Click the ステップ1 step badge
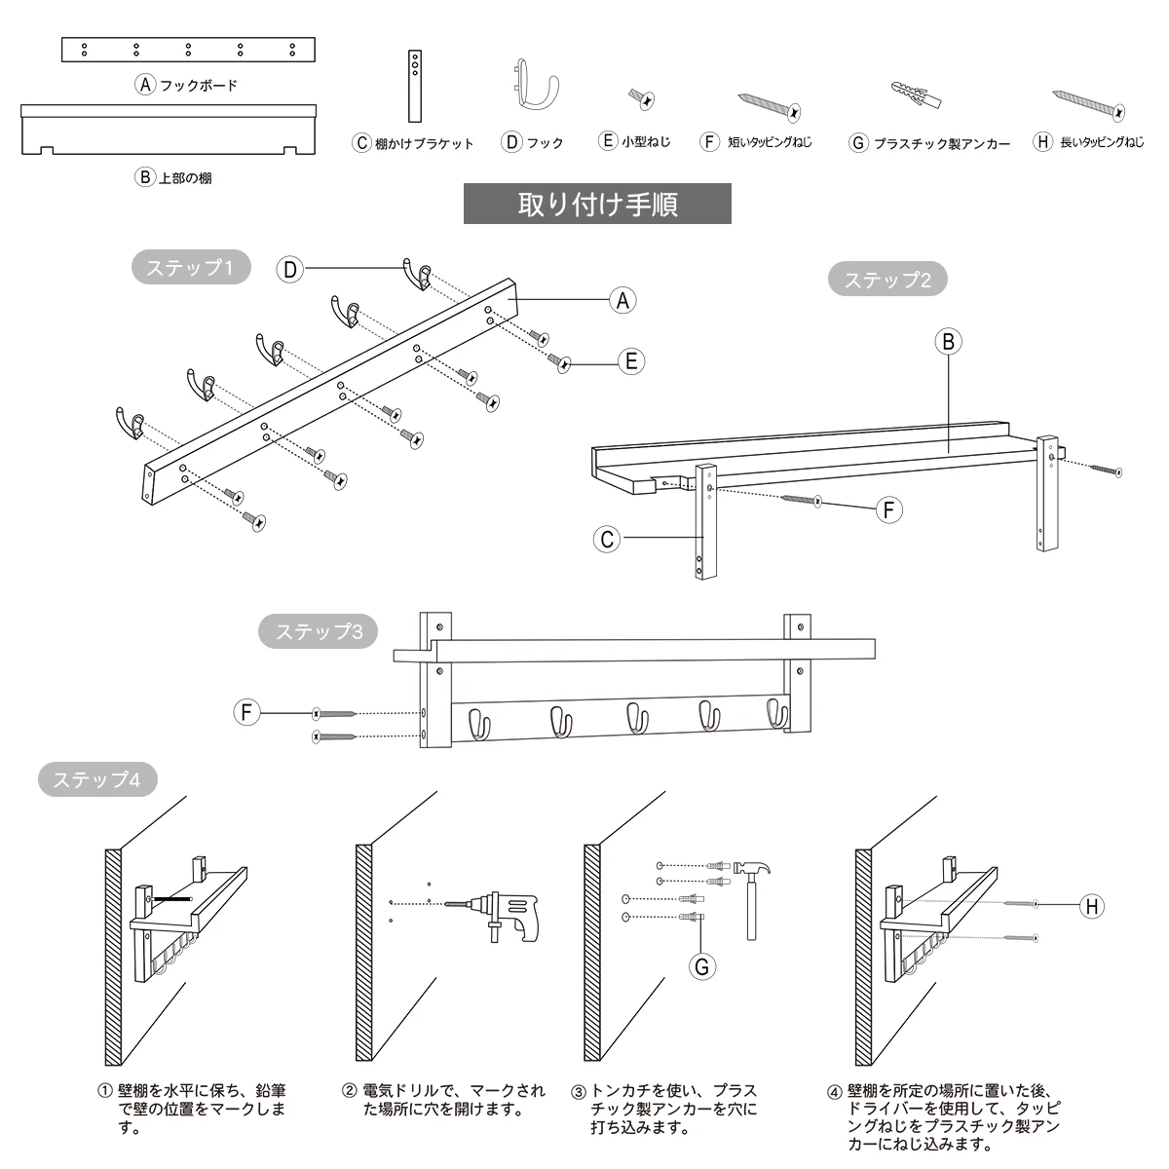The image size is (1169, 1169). (191, 267)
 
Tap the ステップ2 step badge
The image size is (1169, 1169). (887, 279)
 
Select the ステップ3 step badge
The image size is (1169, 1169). (318, 631)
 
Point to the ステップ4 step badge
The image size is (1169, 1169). (97, 779)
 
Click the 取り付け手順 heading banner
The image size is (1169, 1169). (597, 204)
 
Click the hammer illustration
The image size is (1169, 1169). (752, 901)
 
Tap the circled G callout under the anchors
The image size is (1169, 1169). (701, 966)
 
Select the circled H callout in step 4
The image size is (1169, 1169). (1092, 907)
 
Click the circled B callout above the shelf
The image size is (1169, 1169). (948, 342)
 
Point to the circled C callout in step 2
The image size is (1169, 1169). (607, 539)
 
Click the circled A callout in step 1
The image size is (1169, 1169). (622, 300)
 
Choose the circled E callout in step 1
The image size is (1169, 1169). (631, 361)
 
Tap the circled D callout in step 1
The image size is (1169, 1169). (290, 269)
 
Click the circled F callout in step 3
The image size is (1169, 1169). (246, 711)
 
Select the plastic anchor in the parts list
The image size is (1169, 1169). (916, 95)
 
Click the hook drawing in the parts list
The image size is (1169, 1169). (534, 85)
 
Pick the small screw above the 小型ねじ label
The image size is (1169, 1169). (642, 98)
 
